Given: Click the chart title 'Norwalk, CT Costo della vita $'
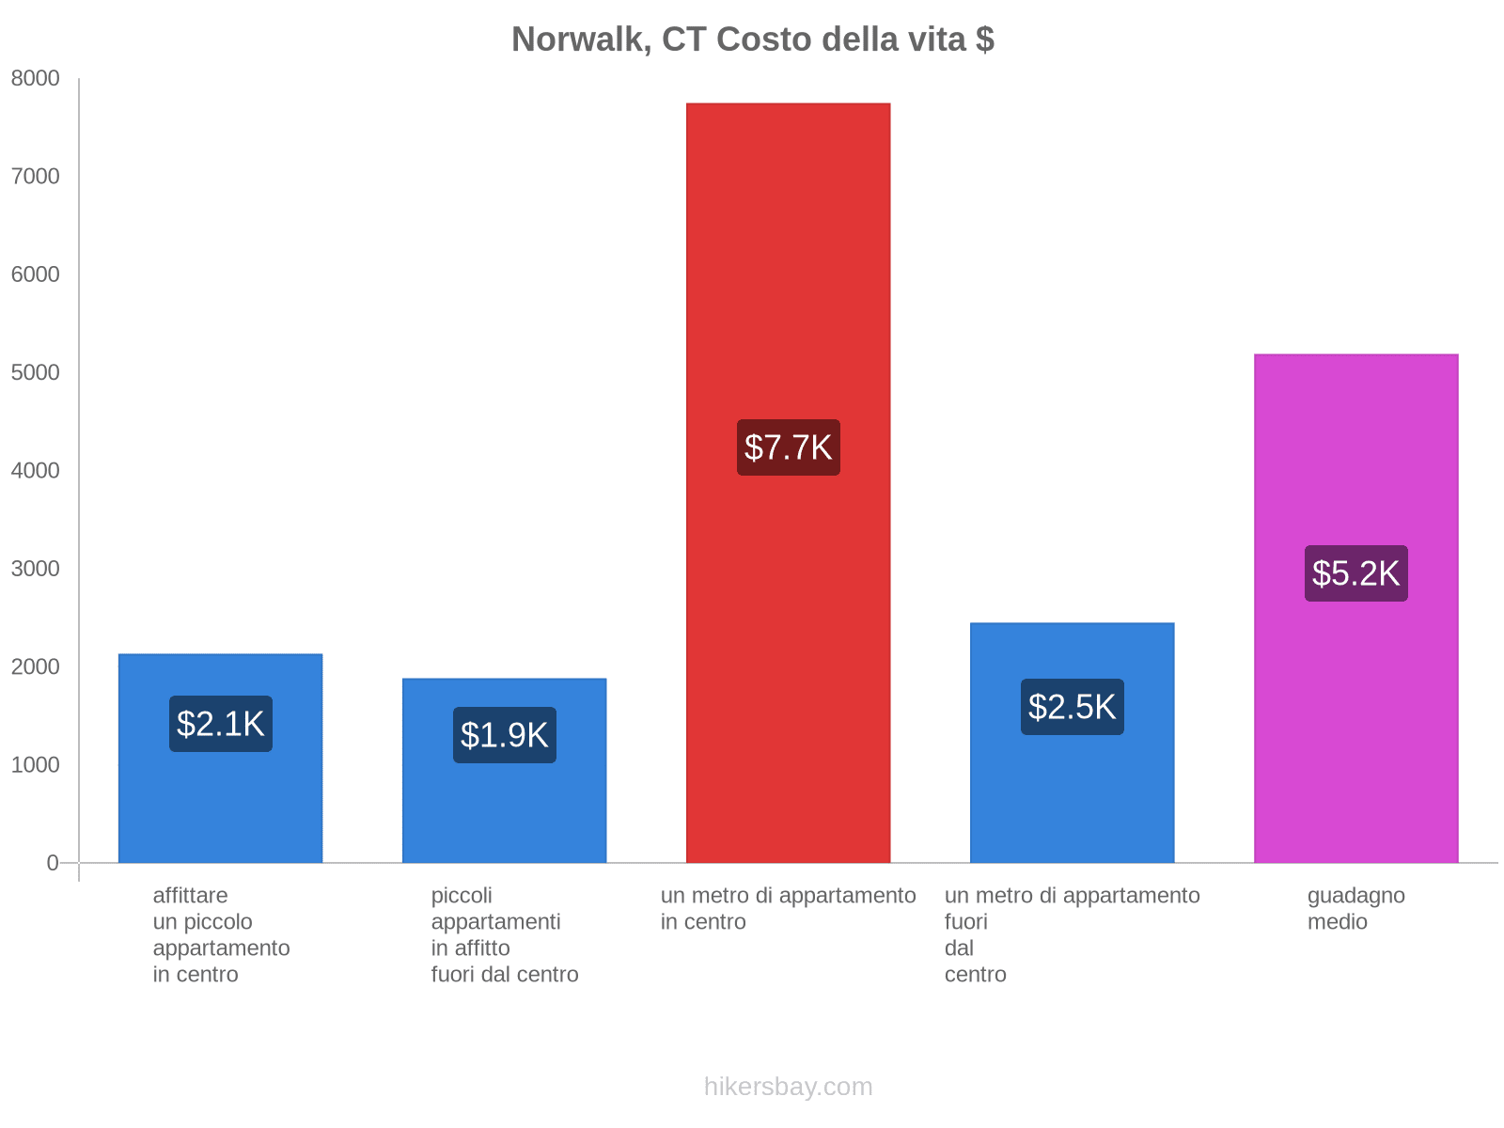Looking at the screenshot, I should [753, 39].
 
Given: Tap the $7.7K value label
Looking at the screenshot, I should [788, 447].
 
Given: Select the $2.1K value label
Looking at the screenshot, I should [221, 724].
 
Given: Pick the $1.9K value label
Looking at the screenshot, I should [505, 735].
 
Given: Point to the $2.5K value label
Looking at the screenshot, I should [1072, 707].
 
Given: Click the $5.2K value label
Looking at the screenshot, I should [1355, 573].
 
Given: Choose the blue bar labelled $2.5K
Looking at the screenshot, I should [1072, 799].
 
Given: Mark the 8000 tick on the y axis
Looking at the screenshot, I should [36, 79].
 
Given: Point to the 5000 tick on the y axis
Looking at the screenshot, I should [36, 373].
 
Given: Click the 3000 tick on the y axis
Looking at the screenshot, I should [36, 569].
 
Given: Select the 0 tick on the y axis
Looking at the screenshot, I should [53, 863].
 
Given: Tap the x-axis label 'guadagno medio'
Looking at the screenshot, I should [1355, 909].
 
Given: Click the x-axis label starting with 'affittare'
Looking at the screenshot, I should [221, 934].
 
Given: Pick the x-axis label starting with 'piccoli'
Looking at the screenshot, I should [505, 934].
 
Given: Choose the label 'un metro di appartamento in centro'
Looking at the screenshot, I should [788, 909].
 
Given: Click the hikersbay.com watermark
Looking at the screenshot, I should [788, 1087].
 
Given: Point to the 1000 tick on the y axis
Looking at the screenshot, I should [36, 765].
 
